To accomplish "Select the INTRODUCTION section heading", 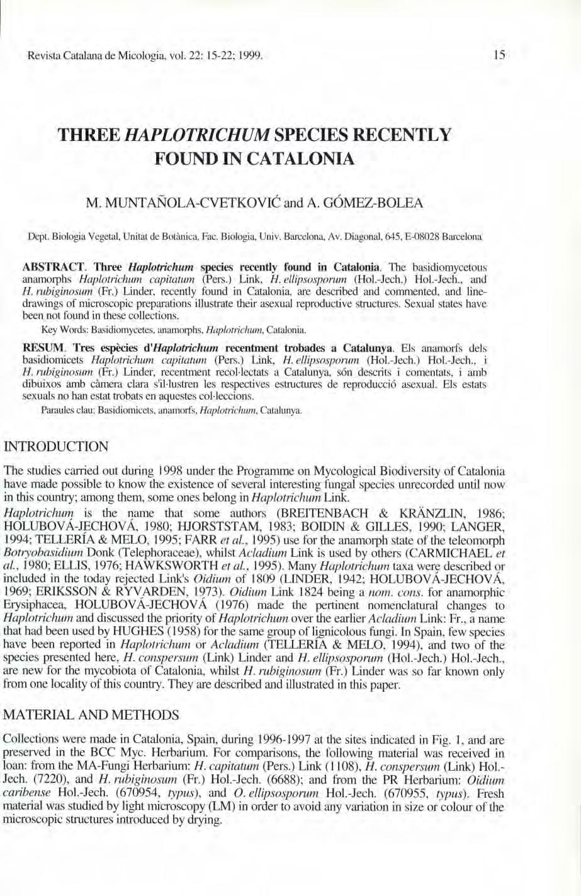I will [x=56, y=447].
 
